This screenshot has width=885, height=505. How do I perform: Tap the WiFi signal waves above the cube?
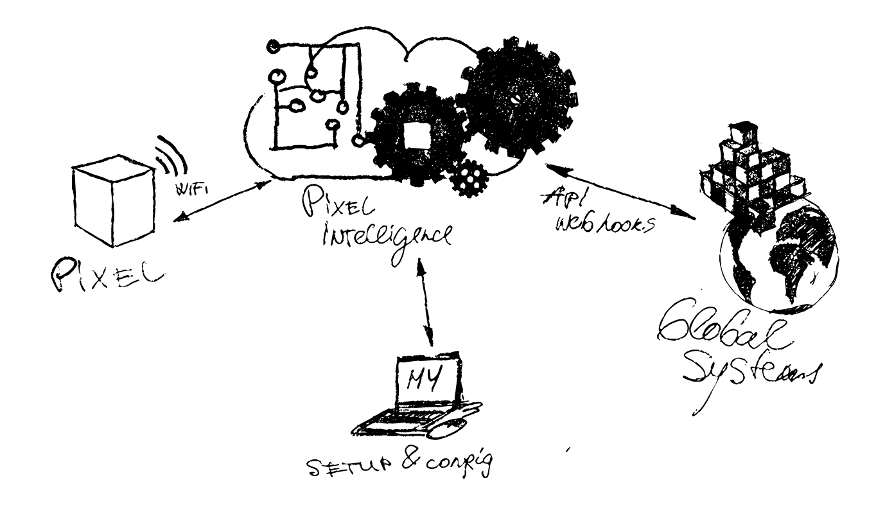click(x=168, y=155)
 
